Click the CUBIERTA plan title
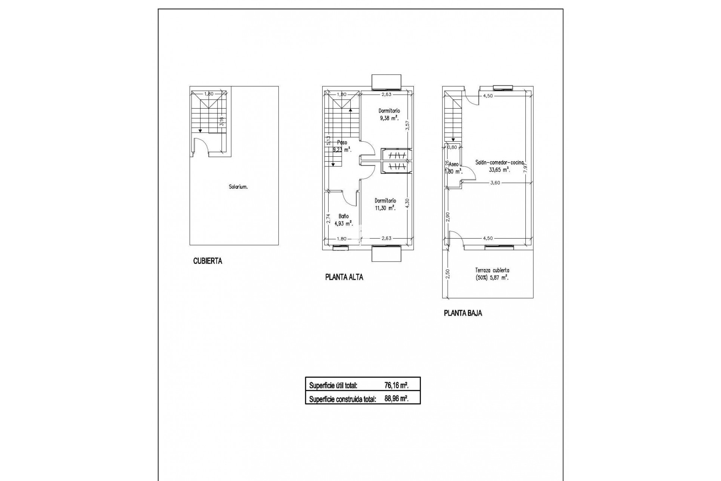point(207,261)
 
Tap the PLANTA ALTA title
point(344,277)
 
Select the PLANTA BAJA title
point(463,313)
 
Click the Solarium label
point(238,187)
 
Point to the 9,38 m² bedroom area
point(389,118)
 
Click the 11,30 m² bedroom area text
point(385,208)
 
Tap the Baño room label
point(343,216)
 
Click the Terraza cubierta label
point(492,270)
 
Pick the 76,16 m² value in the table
point(397,385)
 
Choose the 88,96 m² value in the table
point(397,399)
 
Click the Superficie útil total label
point(333,386)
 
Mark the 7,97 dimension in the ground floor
point(526,167)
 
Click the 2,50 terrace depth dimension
point(447,274)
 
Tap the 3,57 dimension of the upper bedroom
point(407,126)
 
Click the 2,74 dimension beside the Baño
point(328,219)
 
